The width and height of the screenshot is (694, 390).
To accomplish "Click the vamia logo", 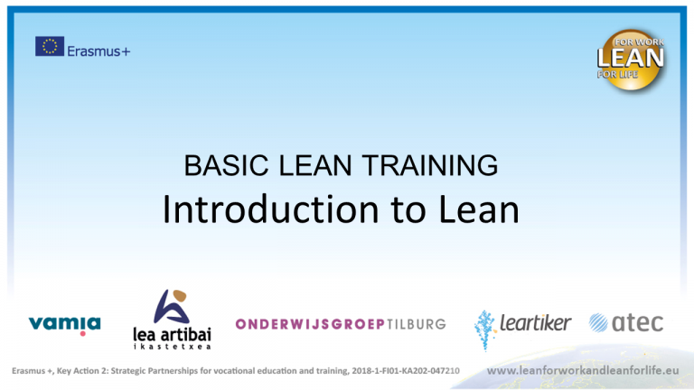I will [x=65, y=324].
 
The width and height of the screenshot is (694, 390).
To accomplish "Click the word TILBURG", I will [x=417, y=324].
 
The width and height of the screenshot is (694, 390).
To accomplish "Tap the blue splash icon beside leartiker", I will [x=486, y=326].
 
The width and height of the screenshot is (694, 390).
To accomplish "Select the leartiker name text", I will [x=535, y=322].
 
